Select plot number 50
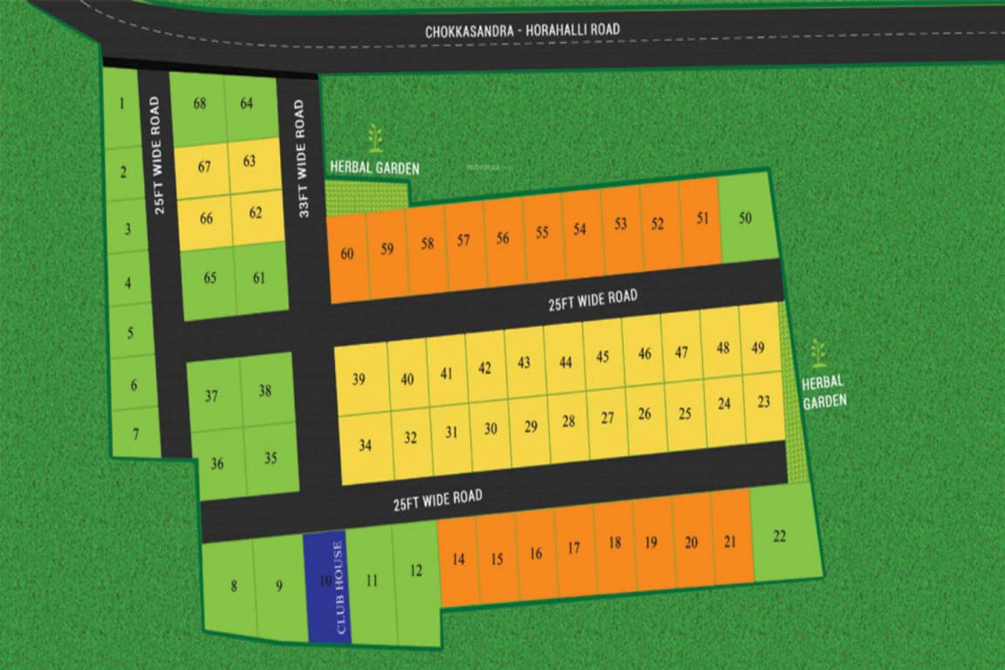[x=744, y=219]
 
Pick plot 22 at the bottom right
[x=780, y=536]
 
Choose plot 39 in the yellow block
[x=359, y=379]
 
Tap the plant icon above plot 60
[x=375, y=138]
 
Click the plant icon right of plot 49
[x=817, y=353]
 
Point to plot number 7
[x=135, y=434]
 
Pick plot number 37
[x=212, y=396]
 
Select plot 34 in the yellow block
[x=365, y=446]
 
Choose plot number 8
[x=233, y=586]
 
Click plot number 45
[x=602, y=357]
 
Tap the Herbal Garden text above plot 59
[x=374, y=167]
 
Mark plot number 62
[x=256, y=213]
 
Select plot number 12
[x=416, y=571]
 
